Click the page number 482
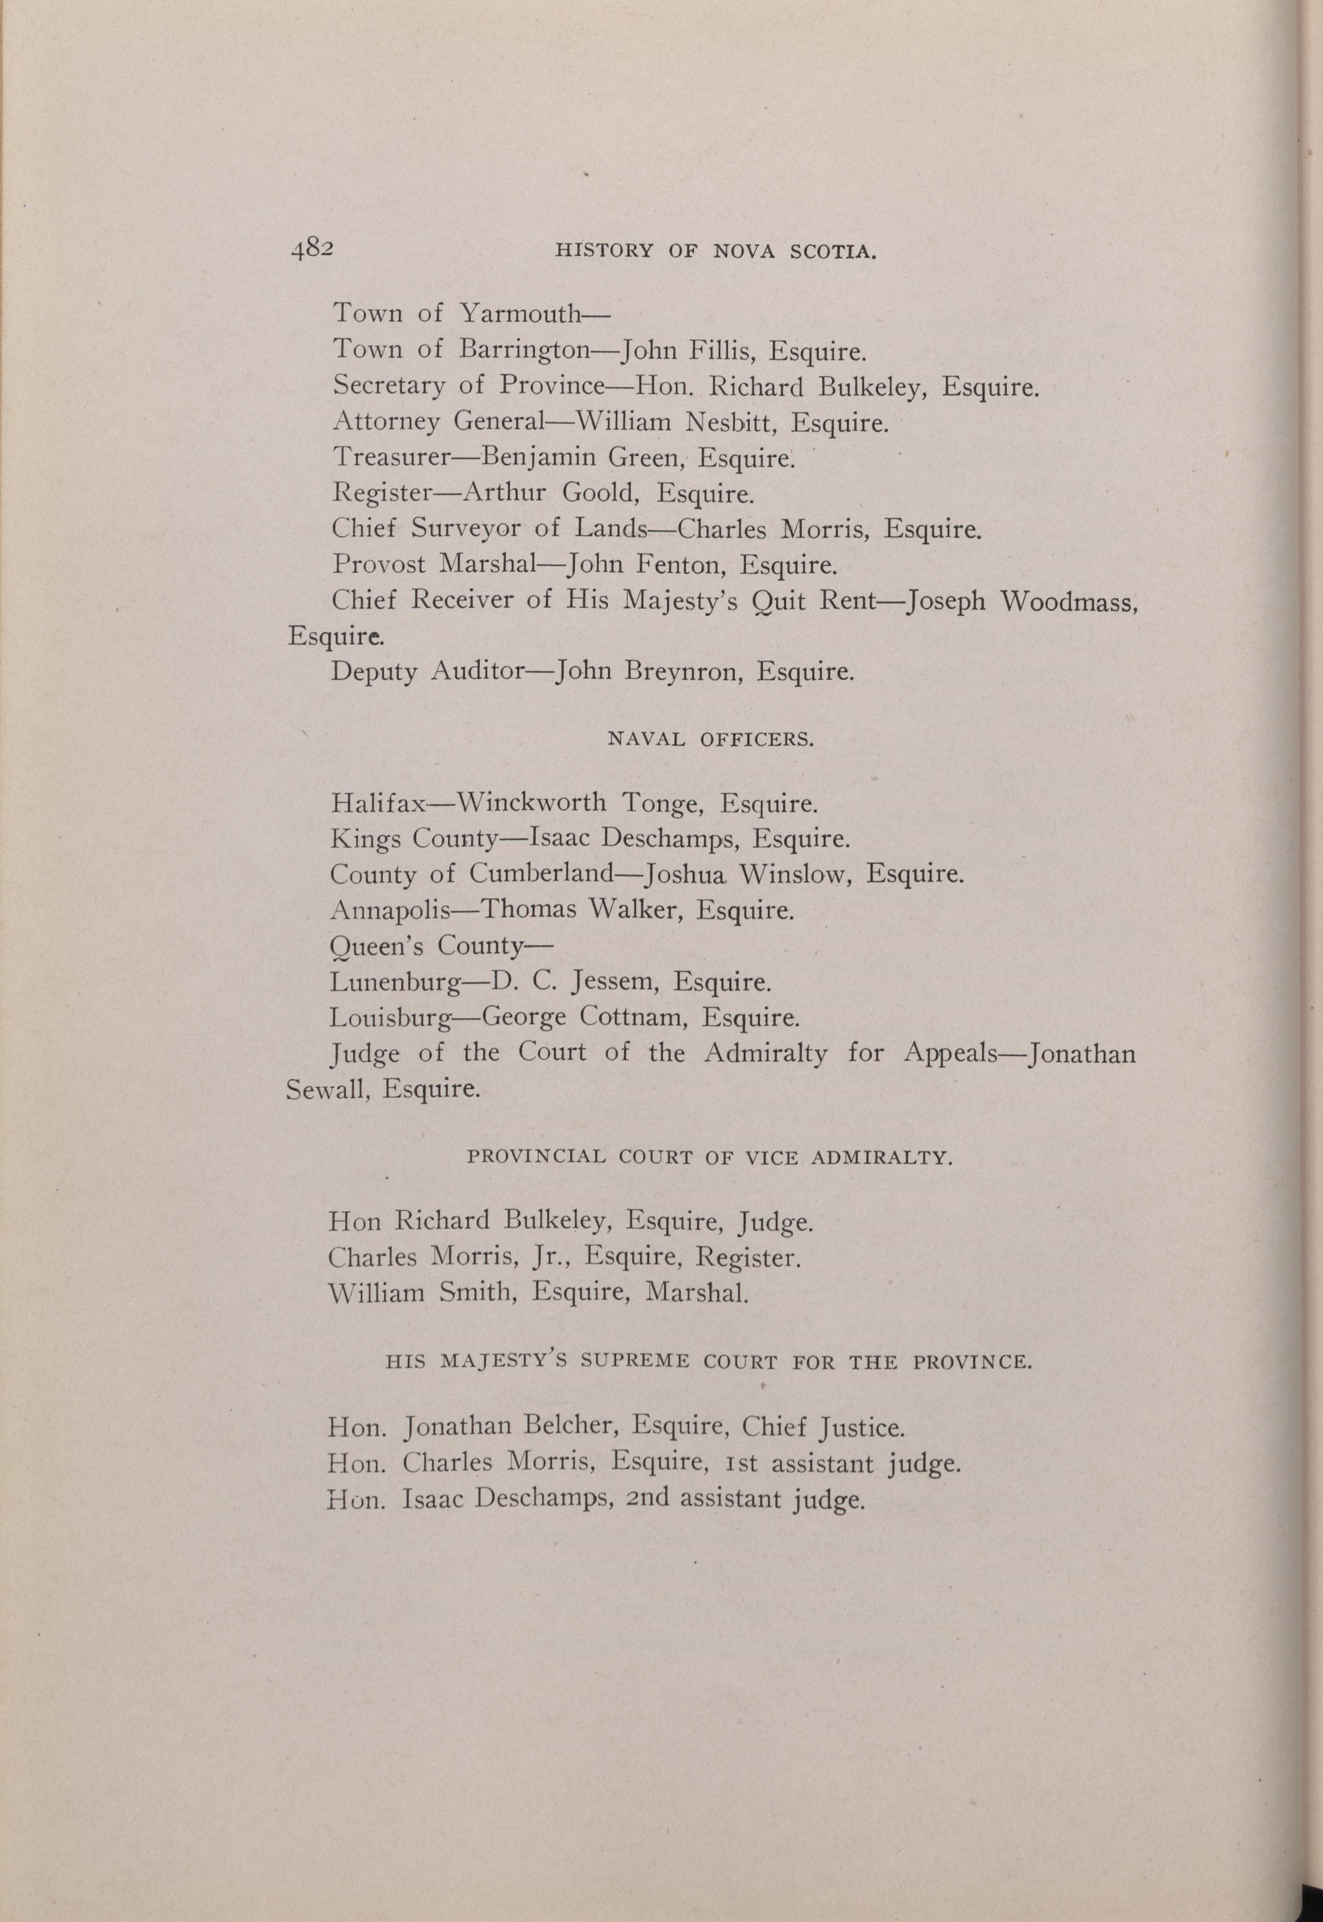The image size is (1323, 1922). click(x=312, y=249)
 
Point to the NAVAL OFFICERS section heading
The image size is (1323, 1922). click(x=711, y=740)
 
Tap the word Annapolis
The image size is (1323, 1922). click(x=390, y=910)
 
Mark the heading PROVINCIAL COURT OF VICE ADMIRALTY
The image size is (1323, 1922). click(x=709, y=1157)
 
